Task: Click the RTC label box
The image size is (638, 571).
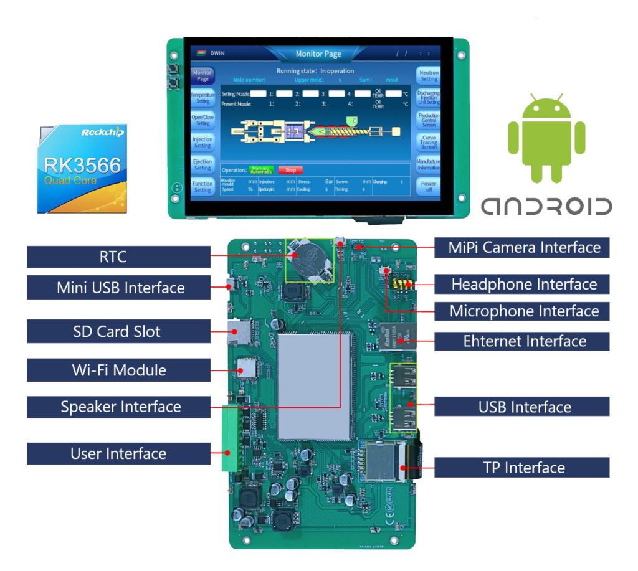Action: point(118,257)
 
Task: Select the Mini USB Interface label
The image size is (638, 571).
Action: point(118,288)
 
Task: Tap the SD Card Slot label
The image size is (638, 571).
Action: point(118,331)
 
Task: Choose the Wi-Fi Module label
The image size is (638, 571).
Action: point(118,370)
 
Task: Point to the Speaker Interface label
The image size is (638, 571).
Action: point(118,407)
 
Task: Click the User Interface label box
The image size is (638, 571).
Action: point(118,453)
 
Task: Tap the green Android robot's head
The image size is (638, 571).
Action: point(546,108)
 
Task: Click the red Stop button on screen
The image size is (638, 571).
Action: point(290,169)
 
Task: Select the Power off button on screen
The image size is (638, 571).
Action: point(429,187)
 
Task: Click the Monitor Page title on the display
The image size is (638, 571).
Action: point(318,54)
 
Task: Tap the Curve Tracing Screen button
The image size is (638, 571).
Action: point(429,142)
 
